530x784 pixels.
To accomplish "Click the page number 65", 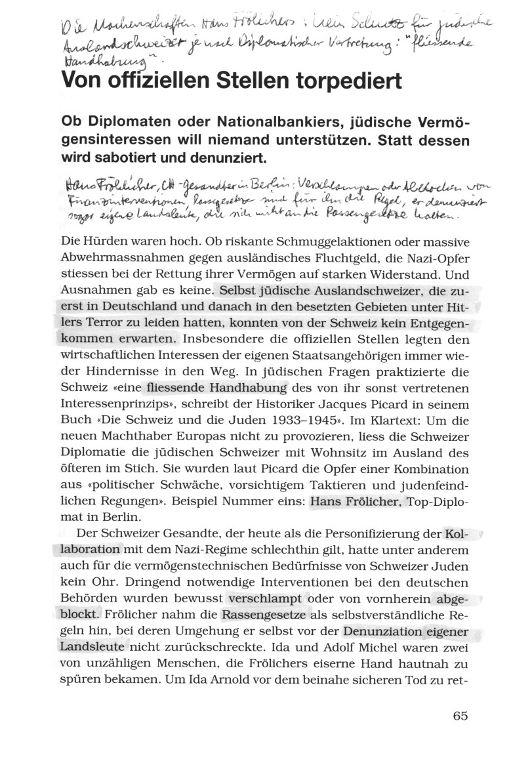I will click(460, 716).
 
